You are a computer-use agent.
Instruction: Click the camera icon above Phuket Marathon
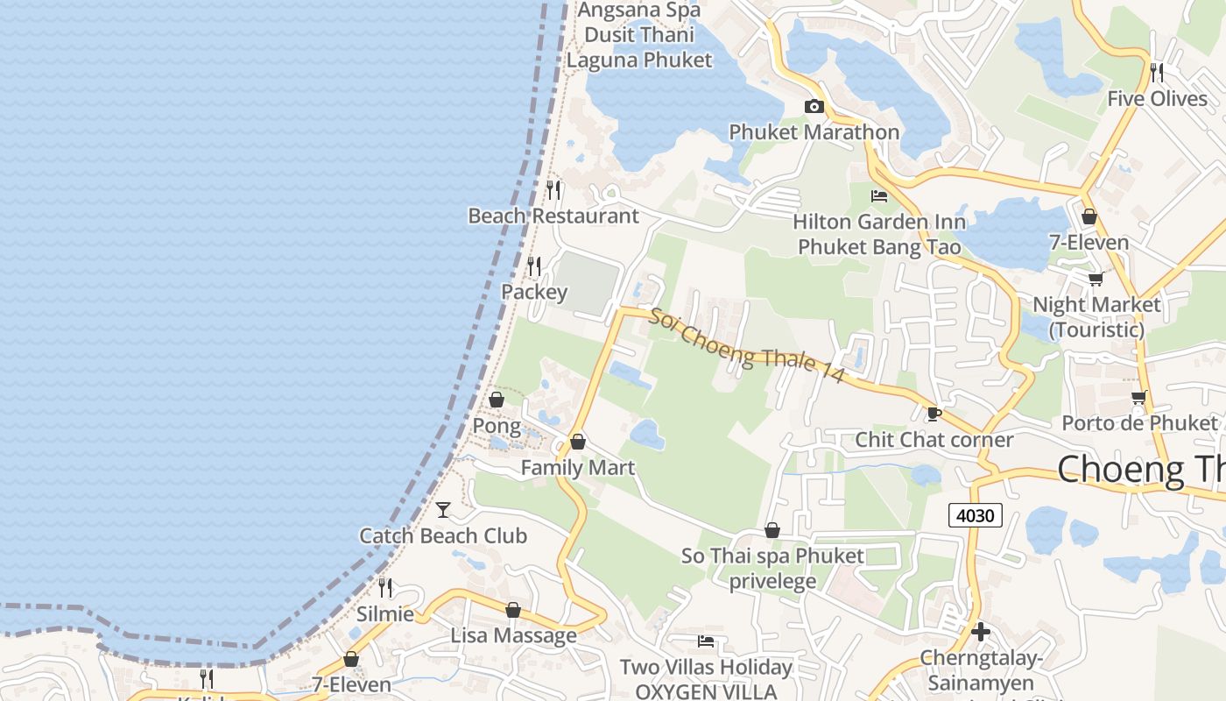814,107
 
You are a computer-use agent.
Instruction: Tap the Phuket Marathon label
814,132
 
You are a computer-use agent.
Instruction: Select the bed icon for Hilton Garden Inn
879,196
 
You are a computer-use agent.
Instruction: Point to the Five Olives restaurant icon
1157,72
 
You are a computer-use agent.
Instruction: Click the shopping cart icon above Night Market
1096,280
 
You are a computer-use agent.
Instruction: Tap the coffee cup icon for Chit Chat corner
934,414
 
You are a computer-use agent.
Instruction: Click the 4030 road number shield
975,515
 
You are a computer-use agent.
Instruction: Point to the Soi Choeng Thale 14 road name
746,346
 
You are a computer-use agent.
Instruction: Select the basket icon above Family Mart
578,442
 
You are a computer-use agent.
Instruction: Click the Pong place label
497,427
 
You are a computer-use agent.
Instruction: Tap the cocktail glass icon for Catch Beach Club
443,509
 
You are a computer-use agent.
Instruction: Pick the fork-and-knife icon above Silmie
385,587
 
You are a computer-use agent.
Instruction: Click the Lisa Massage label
514,635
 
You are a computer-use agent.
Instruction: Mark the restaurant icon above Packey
534,265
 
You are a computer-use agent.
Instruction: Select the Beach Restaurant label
553,216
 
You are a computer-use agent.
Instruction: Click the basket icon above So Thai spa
772,530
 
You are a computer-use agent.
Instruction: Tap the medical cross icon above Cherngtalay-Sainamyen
981,631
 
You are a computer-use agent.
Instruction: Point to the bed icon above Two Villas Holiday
706,642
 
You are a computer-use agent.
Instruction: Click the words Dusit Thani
639,35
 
